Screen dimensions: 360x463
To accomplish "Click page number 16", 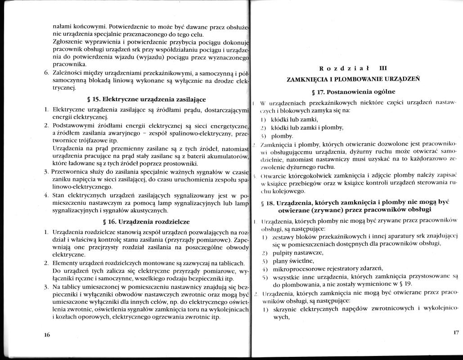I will (47, 335).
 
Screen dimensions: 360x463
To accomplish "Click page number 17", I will (455, 333).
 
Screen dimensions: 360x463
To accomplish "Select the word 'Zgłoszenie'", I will (69, 42).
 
